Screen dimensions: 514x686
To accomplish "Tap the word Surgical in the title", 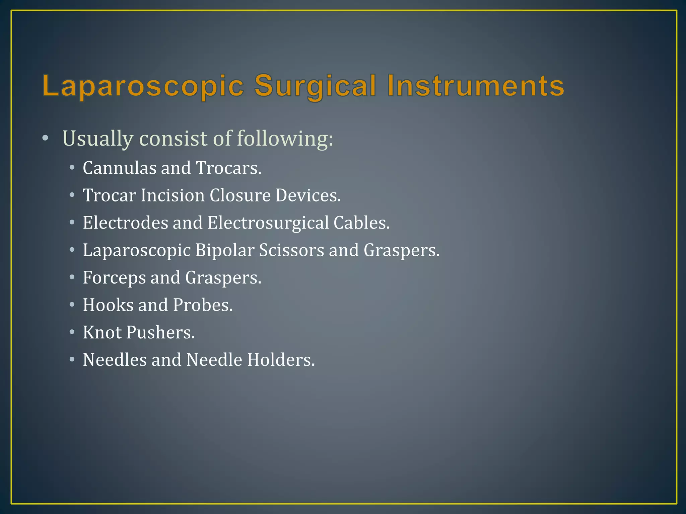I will tap(316, 86).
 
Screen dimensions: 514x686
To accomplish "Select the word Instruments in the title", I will tap(476, 86).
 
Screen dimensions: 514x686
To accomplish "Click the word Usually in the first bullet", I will tap(97, 139).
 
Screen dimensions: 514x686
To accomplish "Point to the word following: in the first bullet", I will tap(285, 139).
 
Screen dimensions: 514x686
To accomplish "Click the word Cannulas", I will tap(119, 168).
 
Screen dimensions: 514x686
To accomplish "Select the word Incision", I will tap(173, 195).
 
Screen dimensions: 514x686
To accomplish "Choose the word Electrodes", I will tap(125, 223).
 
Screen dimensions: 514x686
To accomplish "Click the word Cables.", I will tap(361, 223).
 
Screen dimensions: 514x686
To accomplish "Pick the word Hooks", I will tap(108, 305).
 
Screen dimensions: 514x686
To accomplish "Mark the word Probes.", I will tap(203, 305).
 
